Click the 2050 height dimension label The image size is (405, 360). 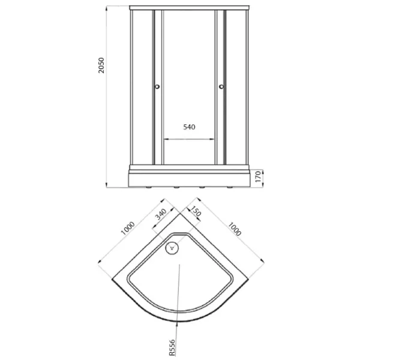(x=101, y=65)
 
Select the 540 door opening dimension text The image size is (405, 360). (x=190, y=127)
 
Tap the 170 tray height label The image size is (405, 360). (x=258, y=176)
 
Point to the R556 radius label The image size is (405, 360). (x=172, y=347)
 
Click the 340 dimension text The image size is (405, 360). (x=161, y=214)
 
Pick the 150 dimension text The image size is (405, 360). (x=195, y=211)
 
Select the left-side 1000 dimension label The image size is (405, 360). (x=128, y=228)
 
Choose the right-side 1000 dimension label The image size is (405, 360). (x=235, y=229)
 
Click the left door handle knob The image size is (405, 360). (x=157, y=87)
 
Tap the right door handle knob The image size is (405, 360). (x=221, y=87)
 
